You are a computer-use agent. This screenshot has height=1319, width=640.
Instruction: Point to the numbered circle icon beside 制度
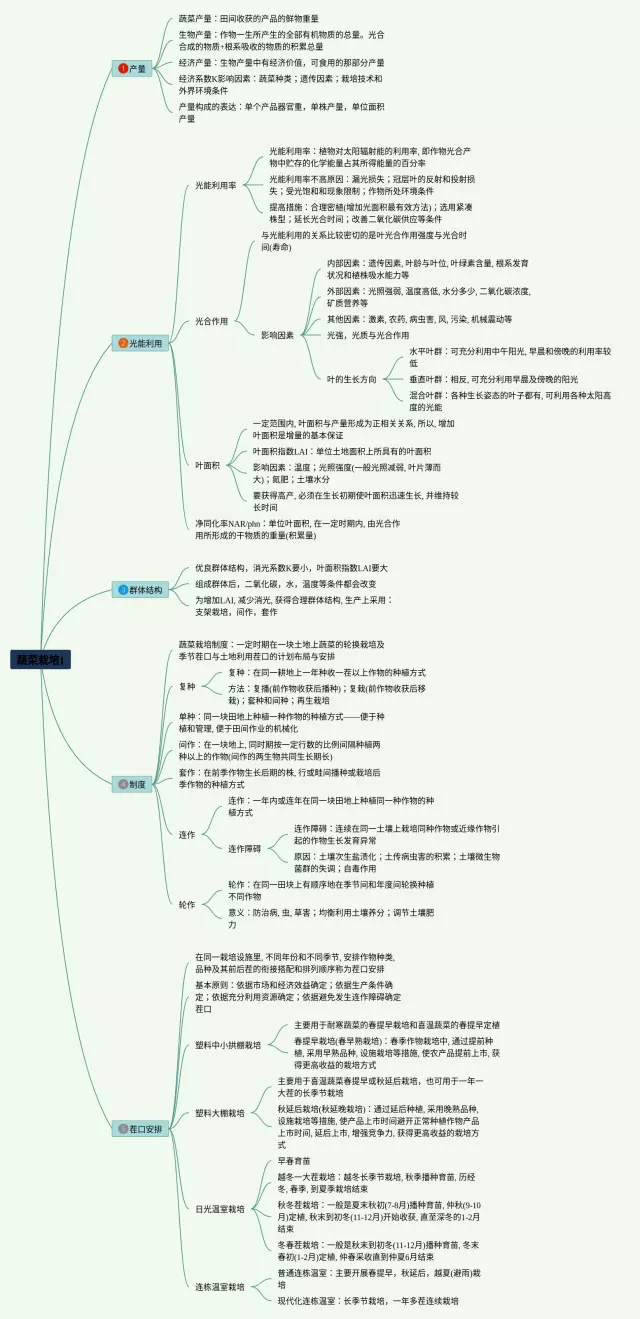123,785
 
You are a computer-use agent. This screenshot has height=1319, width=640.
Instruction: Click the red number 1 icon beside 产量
123,68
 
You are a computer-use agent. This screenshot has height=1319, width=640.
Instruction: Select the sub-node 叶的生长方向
352,379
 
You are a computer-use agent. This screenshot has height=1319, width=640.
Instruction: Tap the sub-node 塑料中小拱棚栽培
228,1045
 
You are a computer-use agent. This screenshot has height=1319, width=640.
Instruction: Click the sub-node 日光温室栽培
220,1209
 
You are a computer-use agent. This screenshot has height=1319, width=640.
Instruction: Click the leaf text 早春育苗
296,1162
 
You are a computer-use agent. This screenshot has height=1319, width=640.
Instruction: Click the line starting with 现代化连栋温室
368,1300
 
